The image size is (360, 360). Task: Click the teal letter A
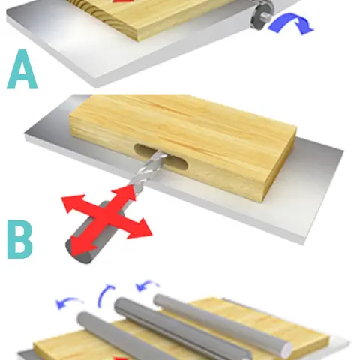(22, 69)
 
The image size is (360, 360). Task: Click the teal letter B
(20, 239)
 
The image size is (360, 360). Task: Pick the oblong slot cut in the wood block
(160, 157)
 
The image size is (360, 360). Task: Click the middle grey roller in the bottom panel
(182, 330)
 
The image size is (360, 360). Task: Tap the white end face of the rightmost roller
(286, 349)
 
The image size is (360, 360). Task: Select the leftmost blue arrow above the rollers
(69, 301)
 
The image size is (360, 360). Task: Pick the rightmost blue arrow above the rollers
(148, 284)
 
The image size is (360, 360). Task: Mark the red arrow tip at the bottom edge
(122, 358)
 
